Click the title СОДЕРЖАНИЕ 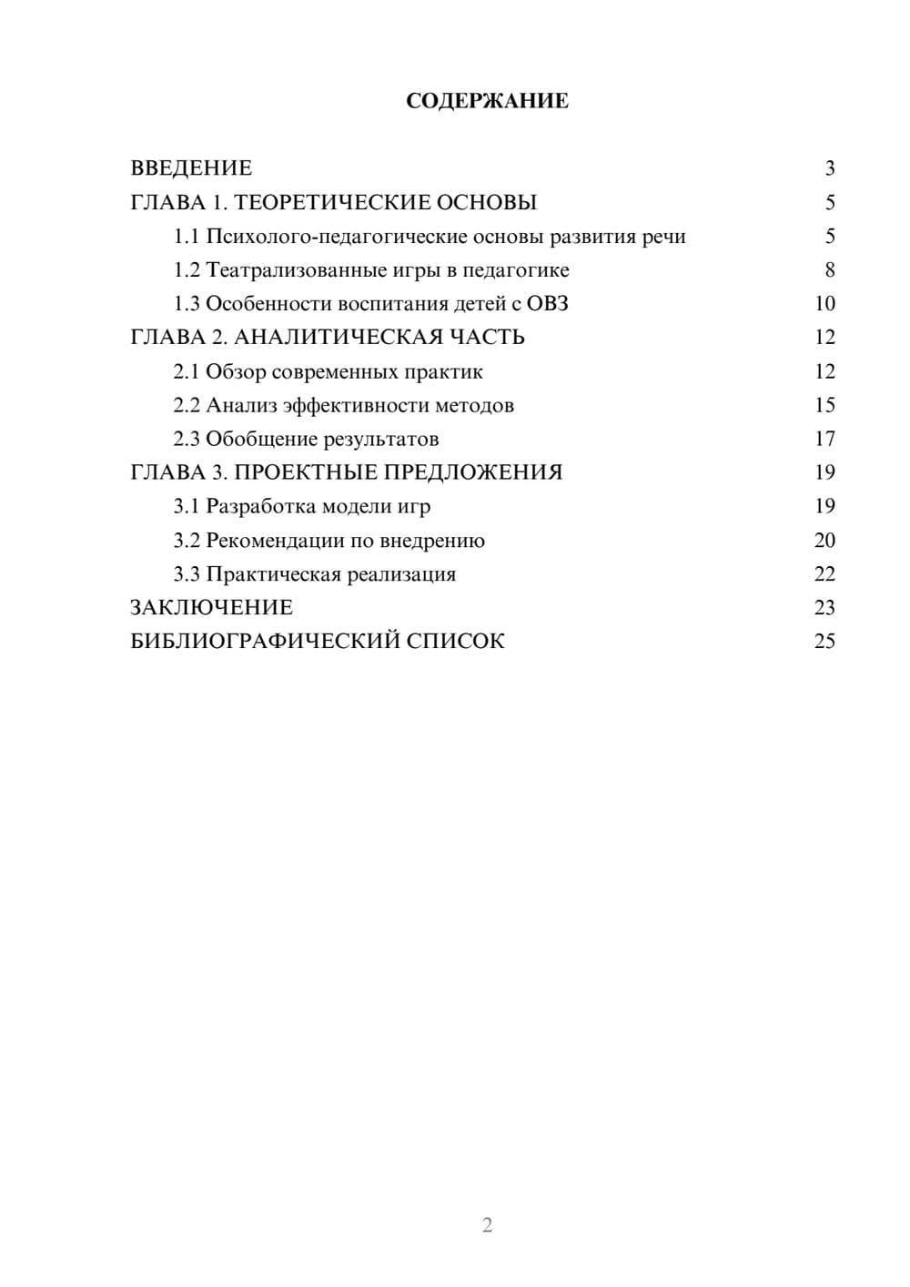tap(487, 101)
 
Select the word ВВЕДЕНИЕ tap(191, 168)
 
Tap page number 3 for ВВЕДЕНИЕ tap(829, 168)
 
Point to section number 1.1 tap(187, 237)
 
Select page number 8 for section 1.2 tap(829, 270)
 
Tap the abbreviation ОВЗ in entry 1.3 tap(547, 304)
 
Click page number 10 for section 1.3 tap(824, 304)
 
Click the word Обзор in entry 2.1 tap(236, 371)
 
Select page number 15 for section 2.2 tap(824, 405)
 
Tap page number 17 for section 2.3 tap(824, 440)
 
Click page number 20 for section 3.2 tap(824, 541)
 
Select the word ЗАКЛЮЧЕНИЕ tap(212, 607)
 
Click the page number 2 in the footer tap(487, 1225)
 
